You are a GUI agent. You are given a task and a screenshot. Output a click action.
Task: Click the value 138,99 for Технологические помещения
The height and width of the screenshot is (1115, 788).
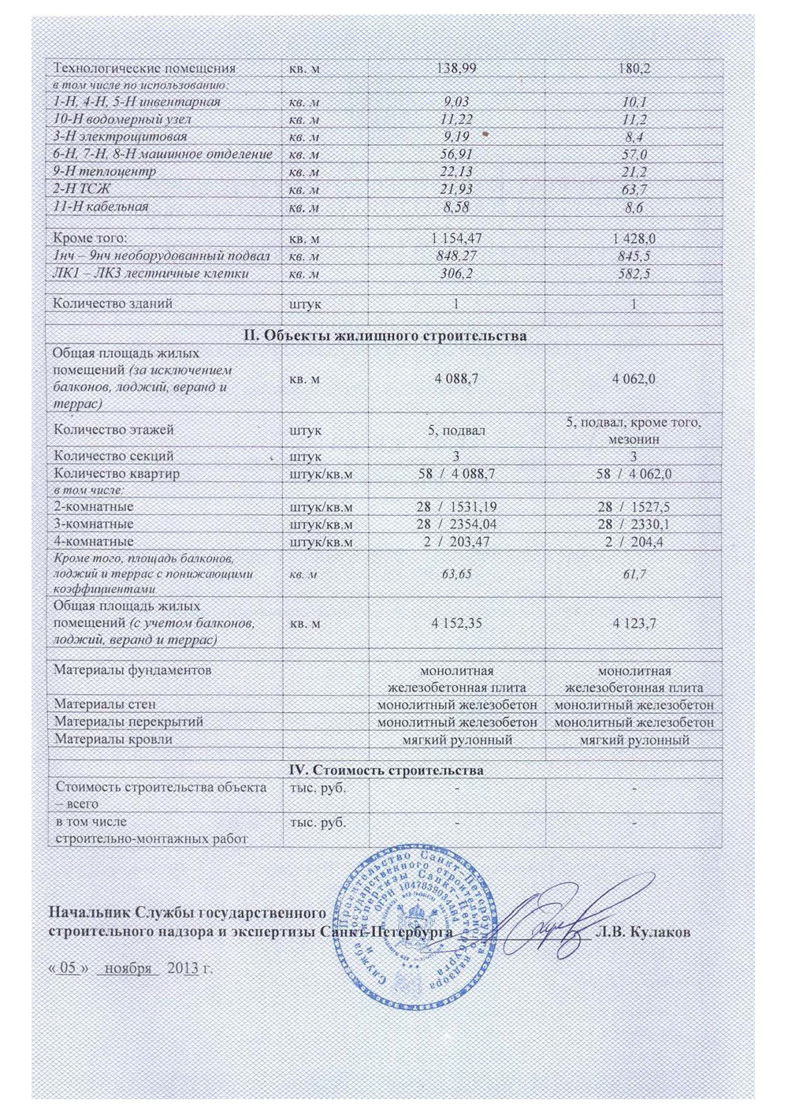[456, 69]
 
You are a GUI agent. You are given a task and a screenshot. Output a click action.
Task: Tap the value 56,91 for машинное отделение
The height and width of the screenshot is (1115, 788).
[456, 155]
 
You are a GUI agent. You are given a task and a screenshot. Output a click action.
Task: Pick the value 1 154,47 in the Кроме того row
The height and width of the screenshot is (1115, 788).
[456, 238]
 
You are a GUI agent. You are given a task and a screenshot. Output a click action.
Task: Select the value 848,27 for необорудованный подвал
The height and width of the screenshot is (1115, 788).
[456, 255]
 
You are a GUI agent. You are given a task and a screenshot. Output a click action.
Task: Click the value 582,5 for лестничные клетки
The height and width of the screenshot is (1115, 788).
[634, 274]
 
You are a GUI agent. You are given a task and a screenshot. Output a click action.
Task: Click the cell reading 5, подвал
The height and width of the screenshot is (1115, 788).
[456, 431]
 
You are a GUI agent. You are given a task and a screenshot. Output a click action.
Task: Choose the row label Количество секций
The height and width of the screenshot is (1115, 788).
[113, 456]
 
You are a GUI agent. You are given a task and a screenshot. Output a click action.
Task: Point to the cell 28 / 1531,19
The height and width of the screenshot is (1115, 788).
[456, 507]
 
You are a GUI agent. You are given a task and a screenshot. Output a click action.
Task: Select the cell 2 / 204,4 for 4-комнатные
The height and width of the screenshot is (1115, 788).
[634, 543]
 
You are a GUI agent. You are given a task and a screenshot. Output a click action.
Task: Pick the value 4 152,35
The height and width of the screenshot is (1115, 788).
[456, 623]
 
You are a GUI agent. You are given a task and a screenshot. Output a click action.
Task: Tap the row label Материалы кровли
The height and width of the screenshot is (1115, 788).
[113, 740]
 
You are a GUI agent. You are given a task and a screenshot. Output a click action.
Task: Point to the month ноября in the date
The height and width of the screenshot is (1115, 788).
[128, 968]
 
